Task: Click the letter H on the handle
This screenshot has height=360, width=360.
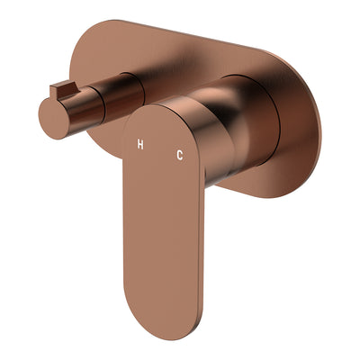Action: coord(139,144)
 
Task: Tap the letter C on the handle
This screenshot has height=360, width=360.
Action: coord(180,156)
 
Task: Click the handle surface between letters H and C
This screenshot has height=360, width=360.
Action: coord(160,150)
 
